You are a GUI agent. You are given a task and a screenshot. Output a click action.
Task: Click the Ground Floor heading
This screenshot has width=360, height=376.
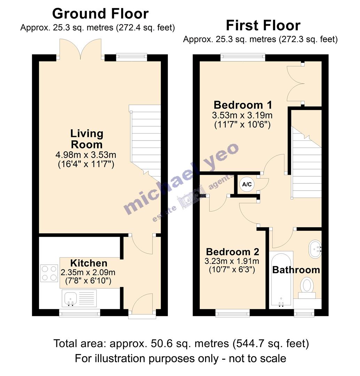(100, 14)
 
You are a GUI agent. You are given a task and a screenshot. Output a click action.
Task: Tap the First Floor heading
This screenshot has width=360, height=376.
(263, 25)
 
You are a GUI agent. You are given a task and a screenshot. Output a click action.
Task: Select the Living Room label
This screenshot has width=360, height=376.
(86, 139)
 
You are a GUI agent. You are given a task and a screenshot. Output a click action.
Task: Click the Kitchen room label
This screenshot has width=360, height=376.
(88, 263)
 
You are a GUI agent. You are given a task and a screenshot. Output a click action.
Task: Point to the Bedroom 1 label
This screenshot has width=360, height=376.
(242, 105)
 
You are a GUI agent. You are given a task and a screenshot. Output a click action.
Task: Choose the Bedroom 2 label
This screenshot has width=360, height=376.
(232, 252)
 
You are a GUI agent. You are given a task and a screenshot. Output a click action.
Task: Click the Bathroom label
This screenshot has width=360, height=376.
(296, 269)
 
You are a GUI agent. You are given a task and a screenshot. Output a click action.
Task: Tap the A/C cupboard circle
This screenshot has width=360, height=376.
(247, 185)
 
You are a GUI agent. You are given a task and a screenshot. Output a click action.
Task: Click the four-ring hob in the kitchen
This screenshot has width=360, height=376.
(49, 273)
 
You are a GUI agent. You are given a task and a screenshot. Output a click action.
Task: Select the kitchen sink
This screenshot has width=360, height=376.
(71, 299)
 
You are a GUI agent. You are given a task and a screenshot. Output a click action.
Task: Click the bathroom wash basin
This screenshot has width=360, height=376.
(315, 249)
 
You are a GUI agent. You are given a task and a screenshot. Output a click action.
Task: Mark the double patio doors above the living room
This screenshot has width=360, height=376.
(81, 50)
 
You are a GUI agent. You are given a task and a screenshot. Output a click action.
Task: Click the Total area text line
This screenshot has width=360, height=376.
(181, 344)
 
